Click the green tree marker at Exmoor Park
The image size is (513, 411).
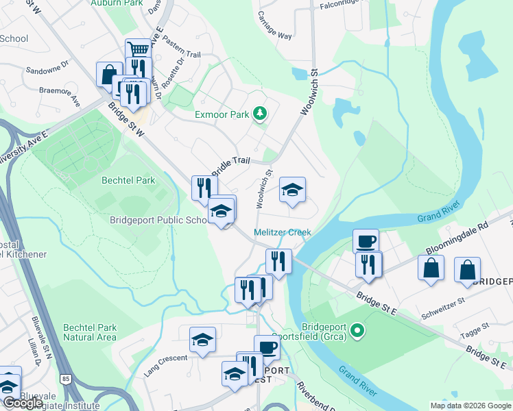coord(259,113)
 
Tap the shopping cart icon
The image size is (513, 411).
coord(139,49)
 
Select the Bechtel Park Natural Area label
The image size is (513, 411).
coord(90,332)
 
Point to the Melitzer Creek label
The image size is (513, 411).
coord(283,232)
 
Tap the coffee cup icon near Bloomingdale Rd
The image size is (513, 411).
coord(366,240)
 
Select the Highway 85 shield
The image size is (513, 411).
coord(66,378)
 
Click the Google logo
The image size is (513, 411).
coord(23,403)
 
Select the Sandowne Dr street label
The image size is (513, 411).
coord(47,70)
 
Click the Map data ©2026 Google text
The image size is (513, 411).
coord(470,406)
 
